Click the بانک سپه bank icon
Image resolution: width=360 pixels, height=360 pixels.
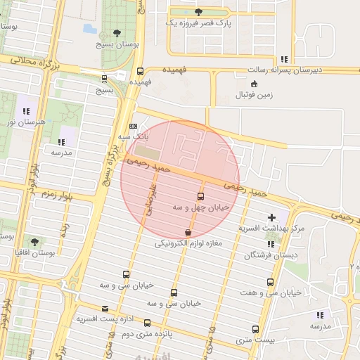click(x=134, y=126)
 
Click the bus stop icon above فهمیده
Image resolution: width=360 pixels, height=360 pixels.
click(x=140, y=71)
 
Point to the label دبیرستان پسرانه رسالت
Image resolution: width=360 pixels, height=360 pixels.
click(x=284, y=70)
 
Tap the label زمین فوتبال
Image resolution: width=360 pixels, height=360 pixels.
click(x=255, y=94)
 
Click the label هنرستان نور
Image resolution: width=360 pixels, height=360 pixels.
click(x=26, y=122)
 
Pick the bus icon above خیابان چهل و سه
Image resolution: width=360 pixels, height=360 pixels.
click(x=201, y=196)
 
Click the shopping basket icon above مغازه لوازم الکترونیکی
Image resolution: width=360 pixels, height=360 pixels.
click(x=188, y=232)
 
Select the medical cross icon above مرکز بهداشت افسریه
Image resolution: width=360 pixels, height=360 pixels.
click(x=272, y=217)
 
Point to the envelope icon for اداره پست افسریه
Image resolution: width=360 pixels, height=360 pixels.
click(x=105, y=308)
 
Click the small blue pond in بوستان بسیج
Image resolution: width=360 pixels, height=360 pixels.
click(x=90, y=29)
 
